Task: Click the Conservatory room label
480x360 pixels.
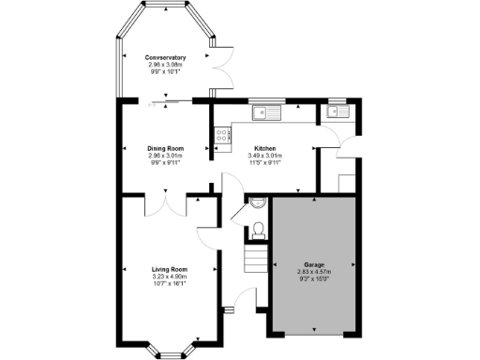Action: click(x=165, y=58)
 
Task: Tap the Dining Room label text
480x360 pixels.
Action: click(x=165, y=148)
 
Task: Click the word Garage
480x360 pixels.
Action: click(x=314, y=265)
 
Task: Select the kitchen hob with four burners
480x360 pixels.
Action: click(x=223, y=140)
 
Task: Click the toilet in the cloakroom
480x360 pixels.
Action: click(x=260, y=228)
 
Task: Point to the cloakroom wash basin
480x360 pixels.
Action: click(x=259, y=202)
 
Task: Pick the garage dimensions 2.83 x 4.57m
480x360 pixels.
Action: click(x=314, y=273)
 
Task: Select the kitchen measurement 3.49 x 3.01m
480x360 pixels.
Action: click(x=265, y=156)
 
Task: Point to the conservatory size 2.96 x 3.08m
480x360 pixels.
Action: click(x=165, y=66)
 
